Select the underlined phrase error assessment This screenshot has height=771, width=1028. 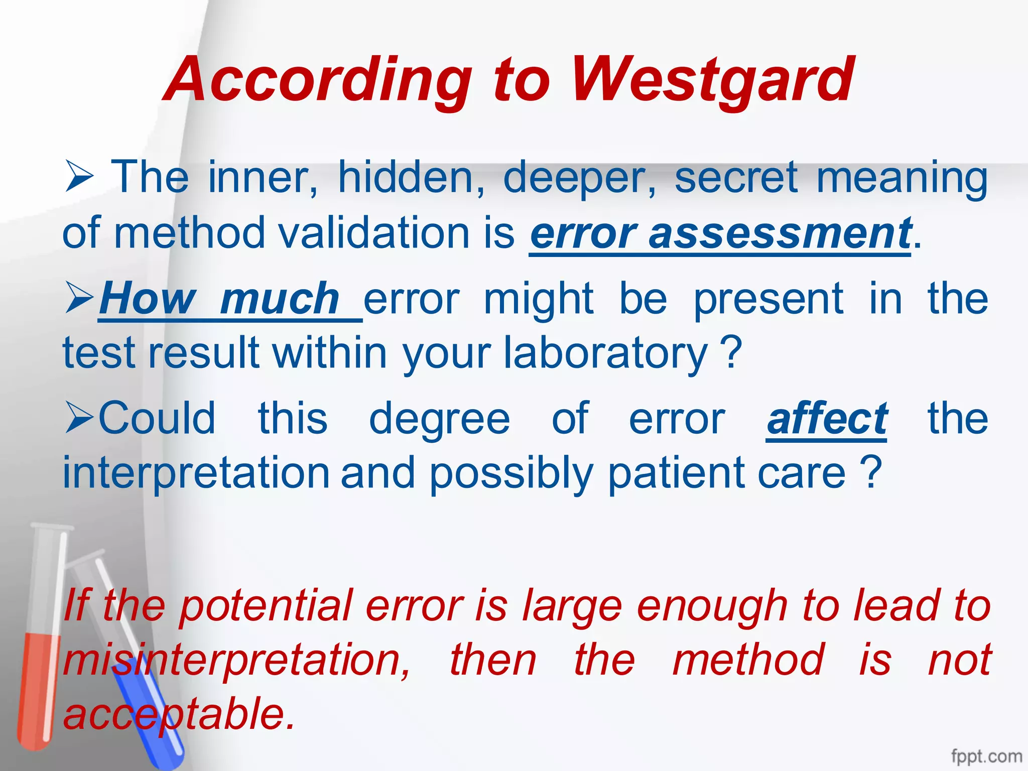pos(720,233)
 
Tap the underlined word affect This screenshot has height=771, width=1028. pos(827,419)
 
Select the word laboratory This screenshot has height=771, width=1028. pos(605,353)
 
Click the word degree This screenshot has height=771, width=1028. pos(439,419)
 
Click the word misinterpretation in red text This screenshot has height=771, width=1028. pos(236,660)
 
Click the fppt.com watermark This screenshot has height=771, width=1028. pos(986,756)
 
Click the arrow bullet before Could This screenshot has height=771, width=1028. pos(79,418)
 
